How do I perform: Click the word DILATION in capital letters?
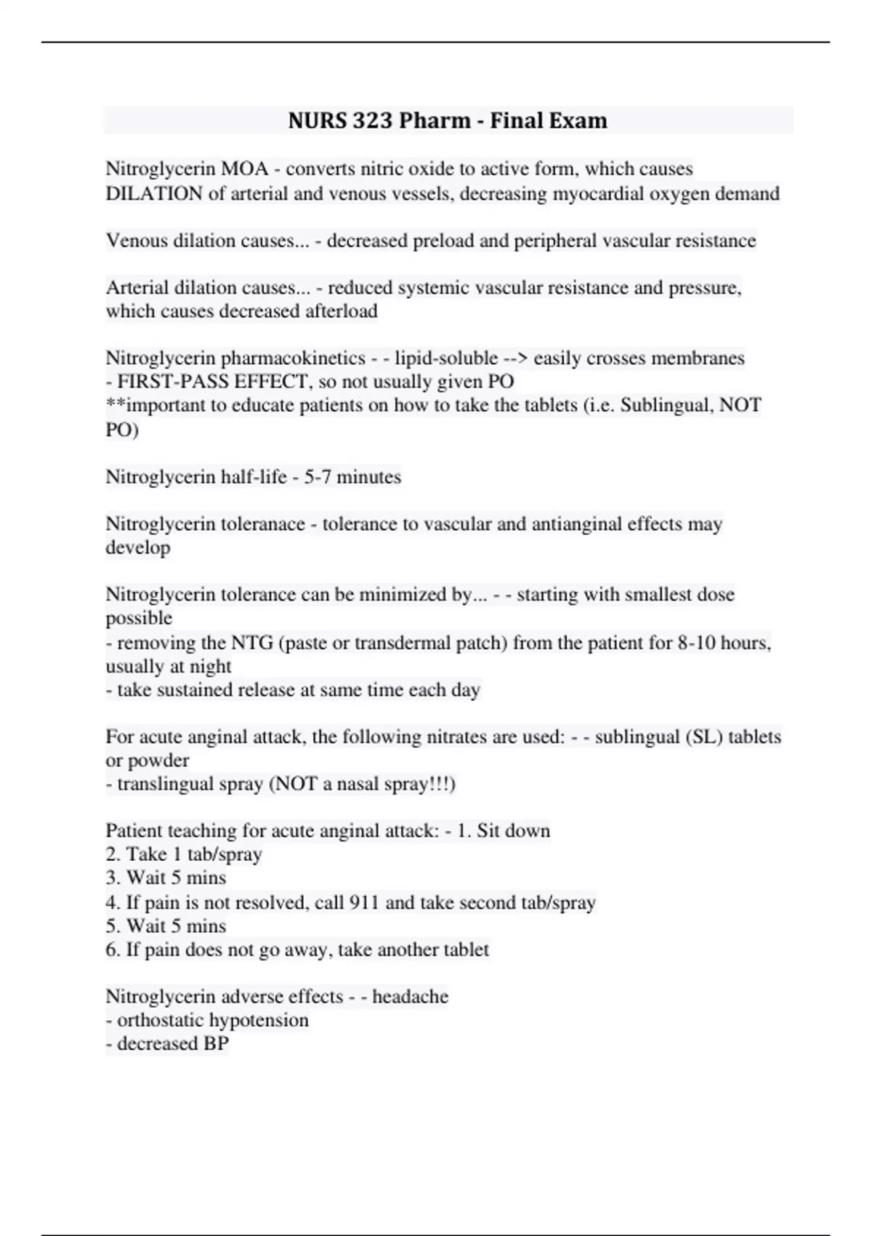154,193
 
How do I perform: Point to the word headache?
411,996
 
